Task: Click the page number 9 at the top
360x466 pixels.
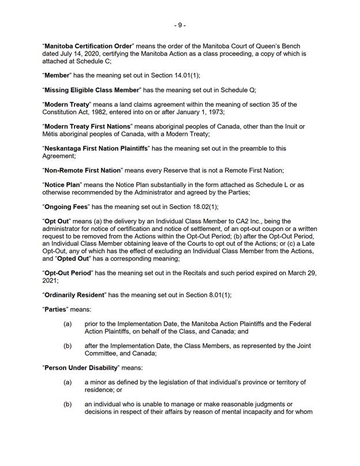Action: (x=180, y=25)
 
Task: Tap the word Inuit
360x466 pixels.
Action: (x=288, y=126)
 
